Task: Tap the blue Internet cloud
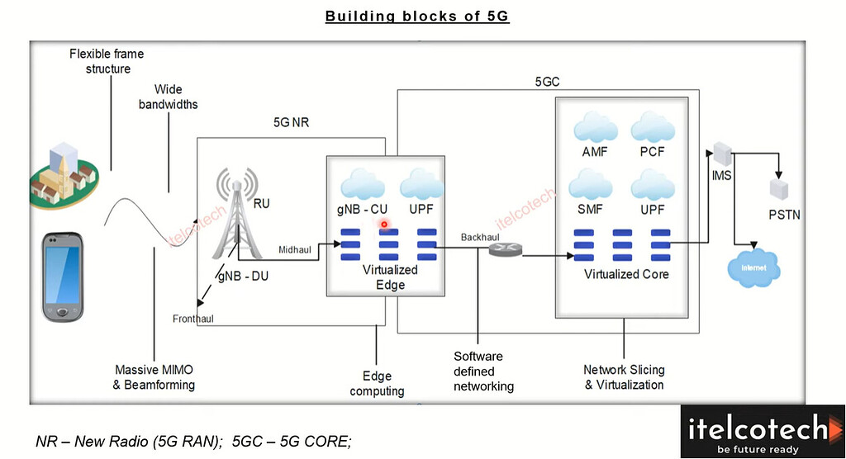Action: pyautogui.click(x=753, y=267)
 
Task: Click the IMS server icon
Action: pyautogui.click(x=720, y=155)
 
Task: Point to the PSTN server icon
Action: pyautogui.click(x=779, y=190)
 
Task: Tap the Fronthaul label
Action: pyautogui.click(x=193, y=319)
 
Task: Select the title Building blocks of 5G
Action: pyautogui.click(x=417, y=17)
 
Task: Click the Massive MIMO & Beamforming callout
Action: pyautogui.click(x=154, y=377)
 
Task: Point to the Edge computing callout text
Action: pyautogui.click(x=377, y=384)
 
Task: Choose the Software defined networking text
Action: pyautogui.click(x=483, y=371)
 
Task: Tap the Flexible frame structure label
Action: pyautogui.click(x=107, y=61)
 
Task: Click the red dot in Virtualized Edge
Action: pyautogui.click(x=384, y=224)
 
